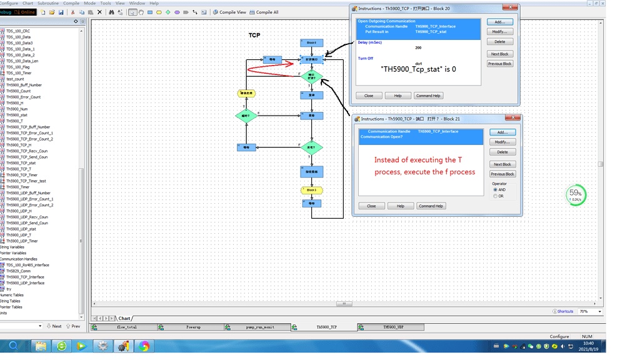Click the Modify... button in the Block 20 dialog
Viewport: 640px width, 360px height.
coord(499,32)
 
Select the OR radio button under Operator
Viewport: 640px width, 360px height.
coord(496,196)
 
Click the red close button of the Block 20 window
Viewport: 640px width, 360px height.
coord(512,7)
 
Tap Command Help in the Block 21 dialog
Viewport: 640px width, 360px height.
coord(431,206)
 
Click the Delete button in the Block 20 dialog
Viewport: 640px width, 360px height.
coord(499,42)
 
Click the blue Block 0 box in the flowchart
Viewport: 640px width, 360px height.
coord(311,43)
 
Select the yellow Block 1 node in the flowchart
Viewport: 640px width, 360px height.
coord(311,190)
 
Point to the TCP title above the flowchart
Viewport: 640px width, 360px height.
coord(254,36)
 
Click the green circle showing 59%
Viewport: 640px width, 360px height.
coord(576,194)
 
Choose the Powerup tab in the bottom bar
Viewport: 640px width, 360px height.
coord(194,327)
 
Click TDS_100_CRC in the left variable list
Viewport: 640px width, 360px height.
coord(18,31)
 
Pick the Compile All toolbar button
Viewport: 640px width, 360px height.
coord(264,12)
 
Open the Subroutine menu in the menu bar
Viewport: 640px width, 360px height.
coord(48,3)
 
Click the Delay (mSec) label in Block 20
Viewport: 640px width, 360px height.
coord(370,42)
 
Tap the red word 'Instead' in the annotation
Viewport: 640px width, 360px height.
coord(387,160)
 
